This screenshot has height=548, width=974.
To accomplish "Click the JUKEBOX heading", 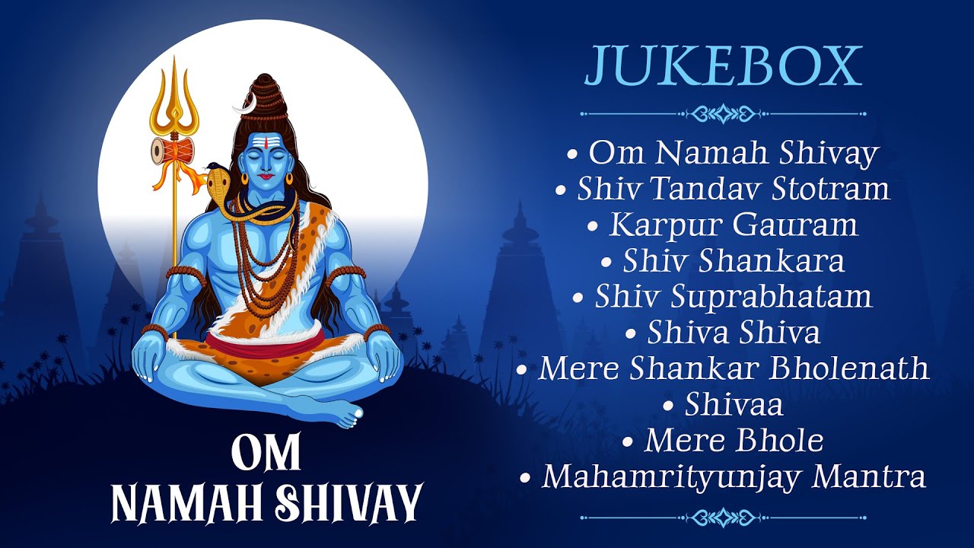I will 723,67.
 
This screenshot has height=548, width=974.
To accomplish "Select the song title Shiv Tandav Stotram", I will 733,189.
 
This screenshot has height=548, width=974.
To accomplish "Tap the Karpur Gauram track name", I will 733,225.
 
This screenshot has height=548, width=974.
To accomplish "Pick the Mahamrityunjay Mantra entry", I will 733,477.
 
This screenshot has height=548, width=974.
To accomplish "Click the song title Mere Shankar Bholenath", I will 733,368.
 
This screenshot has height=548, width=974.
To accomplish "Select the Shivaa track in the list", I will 733,405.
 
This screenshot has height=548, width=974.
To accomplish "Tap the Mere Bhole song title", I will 733,441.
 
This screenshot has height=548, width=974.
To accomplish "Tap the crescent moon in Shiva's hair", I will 243,107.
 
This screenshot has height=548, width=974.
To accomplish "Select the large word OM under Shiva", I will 266,454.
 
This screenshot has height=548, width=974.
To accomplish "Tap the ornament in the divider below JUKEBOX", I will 723,114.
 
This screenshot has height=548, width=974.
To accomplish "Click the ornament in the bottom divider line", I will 723,518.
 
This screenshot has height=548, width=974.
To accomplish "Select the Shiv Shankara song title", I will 733,261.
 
